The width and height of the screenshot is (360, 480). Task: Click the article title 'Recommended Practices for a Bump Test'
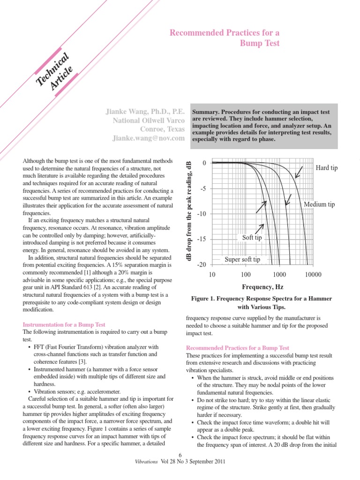click(x=225, y=38)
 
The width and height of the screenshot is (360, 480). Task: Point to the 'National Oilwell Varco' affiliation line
click(x=150, y=121)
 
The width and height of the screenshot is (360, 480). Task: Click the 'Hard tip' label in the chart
click(x=326, y=167)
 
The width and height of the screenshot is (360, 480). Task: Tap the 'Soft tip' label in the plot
click(x=252, y=238)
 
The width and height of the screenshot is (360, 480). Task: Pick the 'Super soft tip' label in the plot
click(x=242, y=259)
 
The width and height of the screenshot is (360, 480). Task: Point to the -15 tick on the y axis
click(x=201, y=240)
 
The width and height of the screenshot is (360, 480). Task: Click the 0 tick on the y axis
click(x=204, y=163)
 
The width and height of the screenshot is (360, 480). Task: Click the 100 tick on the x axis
click(x=245, y=274)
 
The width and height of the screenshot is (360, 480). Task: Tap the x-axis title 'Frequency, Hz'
click(x=262, y=286)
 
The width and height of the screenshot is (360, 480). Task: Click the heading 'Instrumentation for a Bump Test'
click(x=64, y=324)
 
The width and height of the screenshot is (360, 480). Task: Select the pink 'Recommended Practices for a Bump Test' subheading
click(x=238, y=348)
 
